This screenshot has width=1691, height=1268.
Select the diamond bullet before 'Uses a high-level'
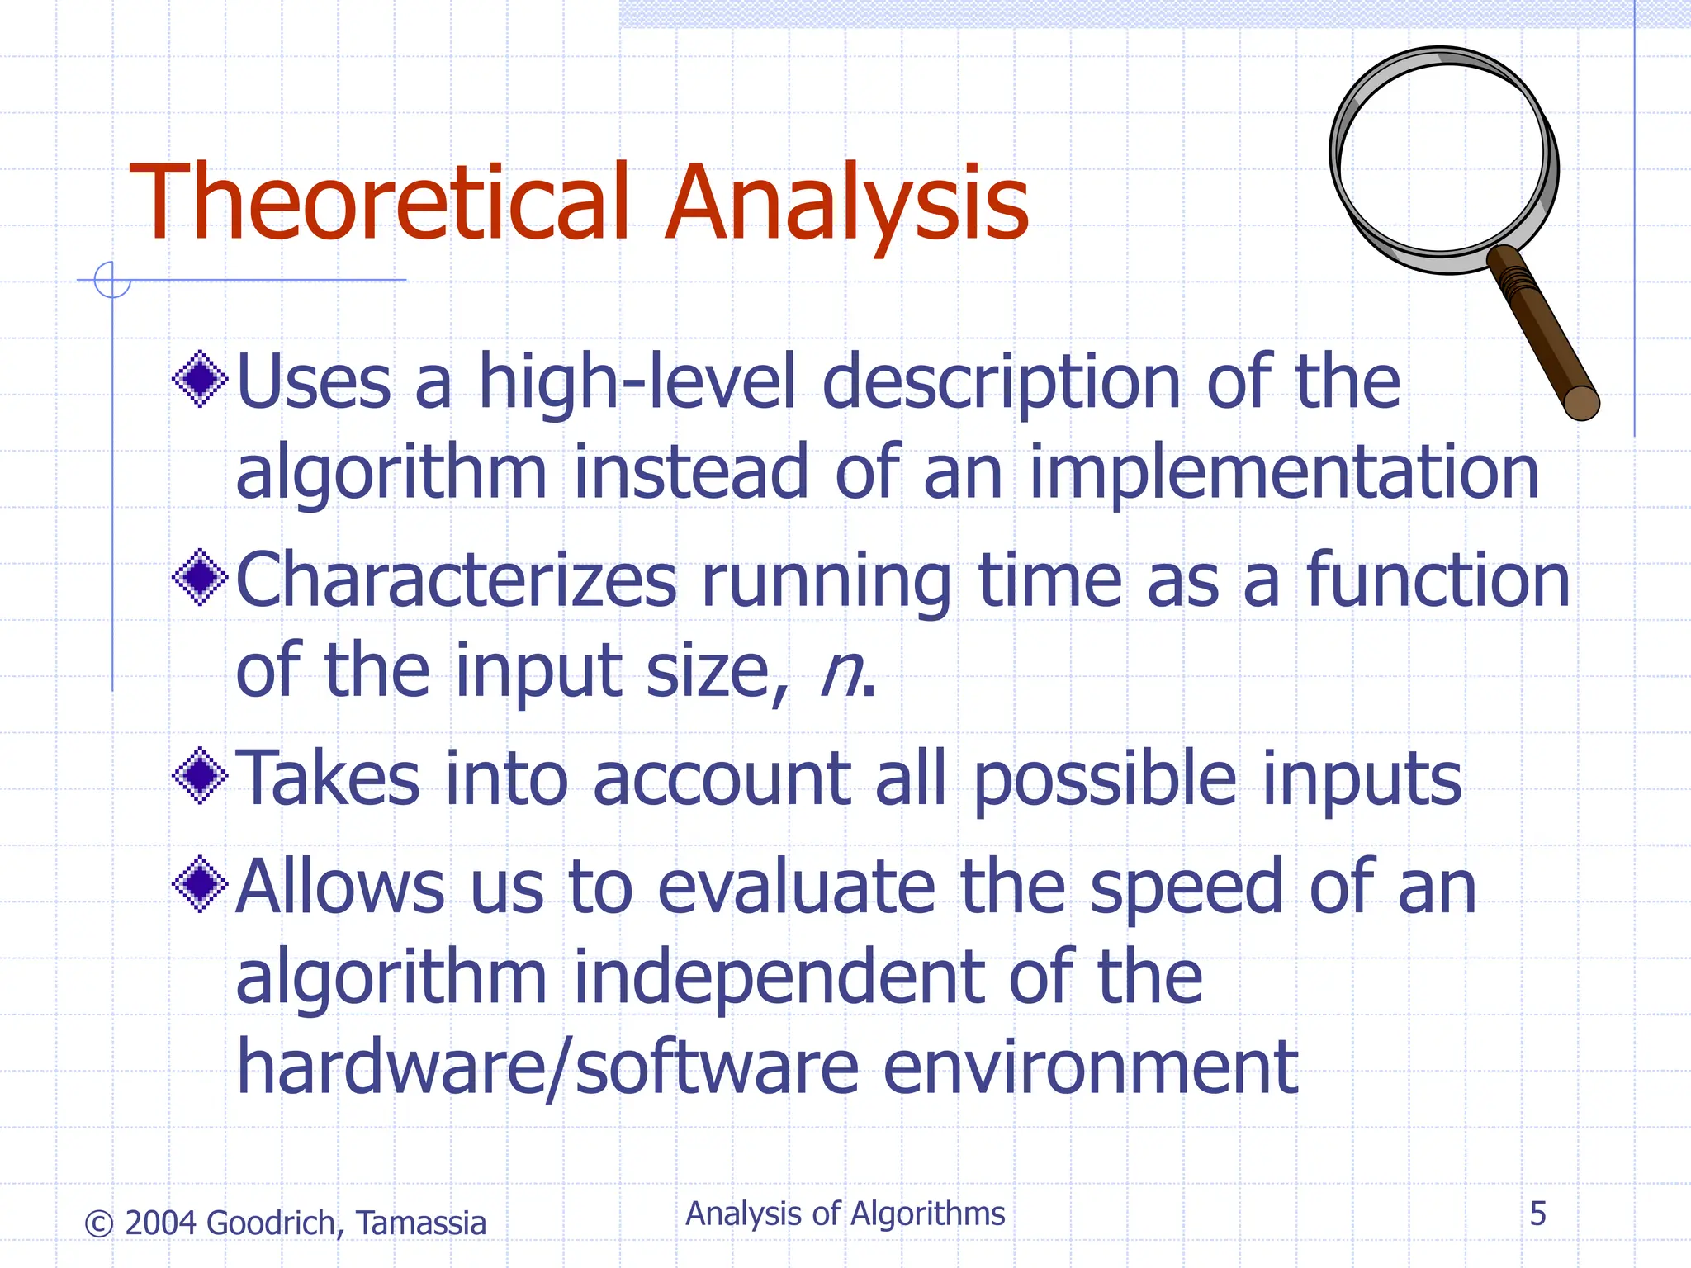[200, 379]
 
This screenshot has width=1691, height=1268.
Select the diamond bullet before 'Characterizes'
[200, 577]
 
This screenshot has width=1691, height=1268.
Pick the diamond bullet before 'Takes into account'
[200, 775]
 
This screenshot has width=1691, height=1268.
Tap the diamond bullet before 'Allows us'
[200, 884]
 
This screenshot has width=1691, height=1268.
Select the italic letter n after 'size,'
[840, 673]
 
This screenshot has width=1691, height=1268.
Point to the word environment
[1090, 1067]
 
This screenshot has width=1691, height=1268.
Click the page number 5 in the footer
[1537, 1214]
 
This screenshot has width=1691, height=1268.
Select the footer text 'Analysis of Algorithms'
[845, 1214]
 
